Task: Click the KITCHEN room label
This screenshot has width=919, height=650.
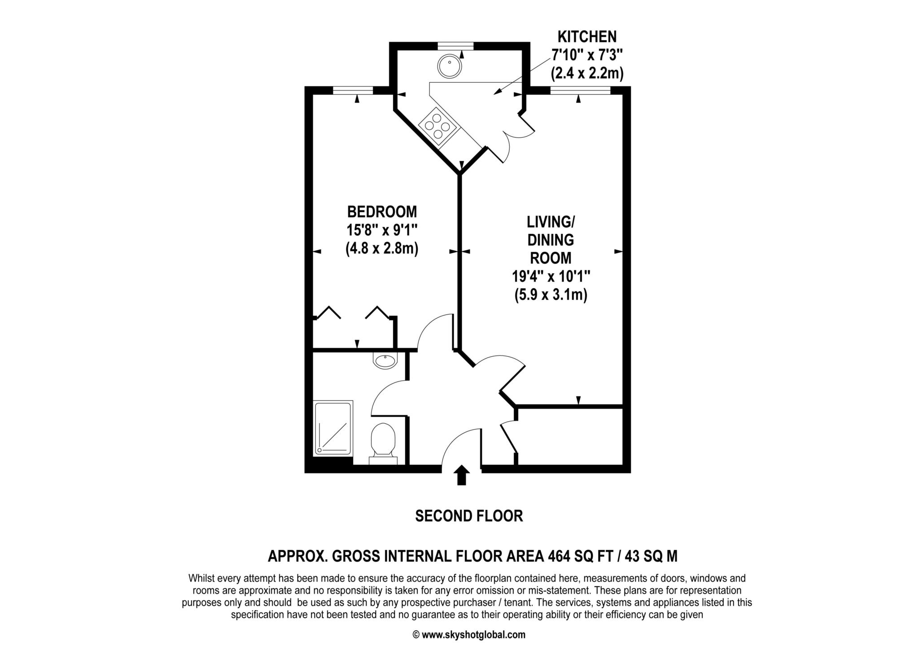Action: pos(587,36)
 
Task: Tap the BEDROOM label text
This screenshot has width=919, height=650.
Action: pos(382,211)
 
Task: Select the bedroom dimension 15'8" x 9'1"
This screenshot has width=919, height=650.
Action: pos(382,230)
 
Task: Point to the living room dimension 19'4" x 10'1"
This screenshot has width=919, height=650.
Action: pos(551,276)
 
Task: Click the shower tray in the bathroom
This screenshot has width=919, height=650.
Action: pos(333,427)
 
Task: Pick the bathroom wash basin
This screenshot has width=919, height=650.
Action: pos(385,360)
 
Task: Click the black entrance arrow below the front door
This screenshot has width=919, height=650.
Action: pos(461,475)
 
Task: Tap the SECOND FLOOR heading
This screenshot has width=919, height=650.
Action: pos(469,516)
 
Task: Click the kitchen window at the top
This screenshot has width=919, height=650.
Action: pos(455,45)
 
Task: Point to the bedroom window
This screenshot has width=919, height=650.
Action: pos(353,90)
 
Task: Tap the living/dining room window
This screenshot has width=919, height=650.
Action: pos(580,90)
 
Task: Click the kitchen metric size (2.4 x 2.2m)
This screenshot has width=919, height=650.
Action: pos(587,73)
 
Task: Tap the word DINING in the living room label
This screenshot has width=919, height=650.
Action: pos(551,240)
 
